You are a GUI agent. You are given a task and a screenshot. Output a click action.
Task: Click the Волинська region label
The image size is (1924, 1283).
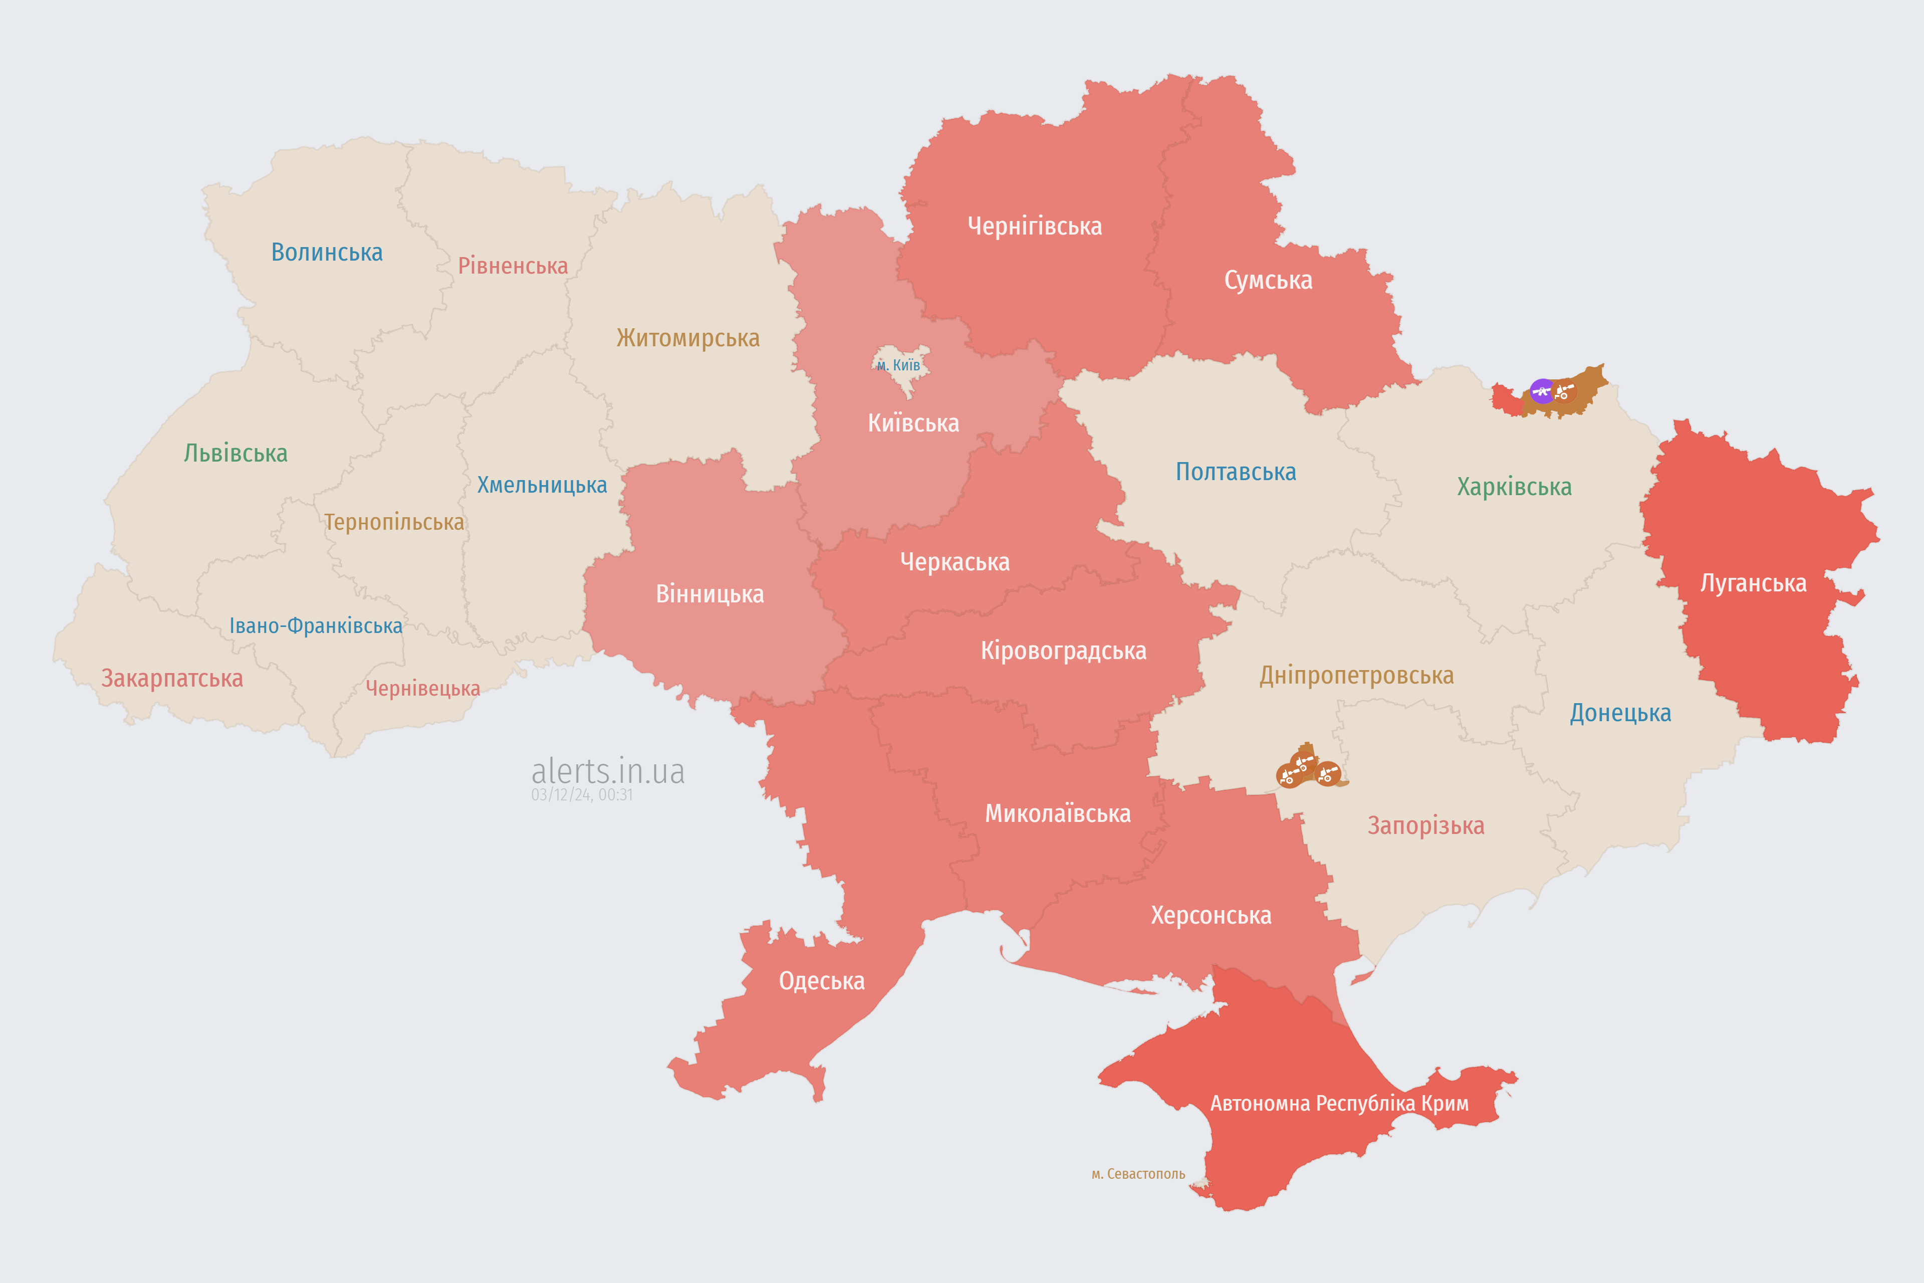[x=326, y=252]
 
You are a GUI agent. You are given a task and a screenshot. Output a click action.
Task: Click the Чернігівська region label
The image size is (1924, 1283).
[x=1034, y=226]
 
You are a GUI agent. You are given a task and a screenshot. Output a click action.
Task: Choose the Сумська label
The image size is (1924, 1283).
[x=1268, y=280]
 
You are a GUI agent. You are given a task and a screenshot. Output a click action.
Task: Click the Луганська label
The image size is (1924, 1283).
[x=1753, y=583]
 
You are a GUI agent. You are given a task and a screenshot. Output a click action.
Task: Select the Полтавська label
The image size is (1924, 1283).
[x=1235, y=472]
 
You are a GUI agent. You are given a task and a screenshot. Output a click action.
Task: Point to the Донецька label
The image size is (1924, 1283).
[x=1620, y=713]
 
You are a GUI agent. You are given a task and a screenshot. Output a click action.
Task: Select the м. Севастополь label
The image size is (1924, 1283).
[x=1138, y=1174]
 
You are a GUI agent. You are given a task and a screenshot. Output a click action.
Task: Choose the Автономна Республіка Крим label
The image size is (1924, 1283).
[x=1339, y=1104]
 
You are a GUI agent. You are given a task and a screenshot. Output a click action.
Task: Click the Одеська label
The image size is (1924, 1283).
[x=821, y=981]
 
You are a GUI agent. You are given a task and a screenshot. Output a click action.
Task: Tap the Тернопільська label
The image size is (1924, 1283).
[x=393, y=522]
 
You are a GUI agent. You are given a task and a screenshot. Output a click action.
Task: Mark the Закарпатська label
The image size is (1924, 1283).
[x=172, y=678]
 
